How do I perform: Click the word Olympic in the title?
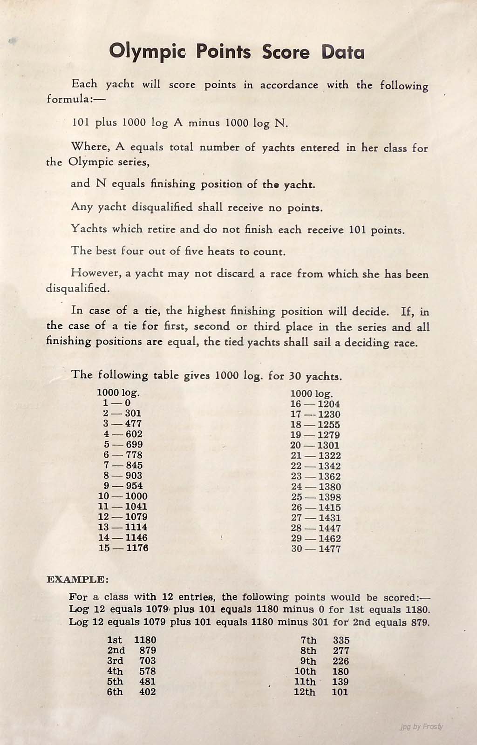click(x=148, y=52)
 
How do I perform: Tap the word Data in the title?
click(x=342, y=52)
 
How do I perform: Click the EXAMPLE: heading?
click(x=77, y=580)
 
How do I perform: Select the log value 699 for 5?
click(x=134, y=445)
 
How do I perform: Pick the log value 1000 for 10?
click(x=136, y=496)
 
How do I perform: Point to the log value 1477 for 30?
click(x=329, y=549)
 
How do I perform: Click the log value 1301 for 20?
click(x=329, y=446)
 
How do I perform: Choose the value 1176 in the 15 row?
click(x=136, y=548)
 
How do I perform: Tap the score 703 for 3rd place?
click(x=147, y=661)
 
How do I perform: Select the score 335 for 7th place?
click(x=341, y=641)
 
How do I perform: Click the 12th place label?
click(x=305, y=692)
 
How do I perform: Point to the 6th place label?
click(x=115, y=692)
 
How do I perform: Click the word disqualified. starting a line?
click(x=78, y=288)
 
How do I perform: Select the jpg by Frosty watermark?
click(x=421, y=727)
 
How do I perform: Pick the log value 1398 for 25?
click(x=329, y=498)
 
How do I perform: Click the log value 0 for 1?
click(x=128, y=403)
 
